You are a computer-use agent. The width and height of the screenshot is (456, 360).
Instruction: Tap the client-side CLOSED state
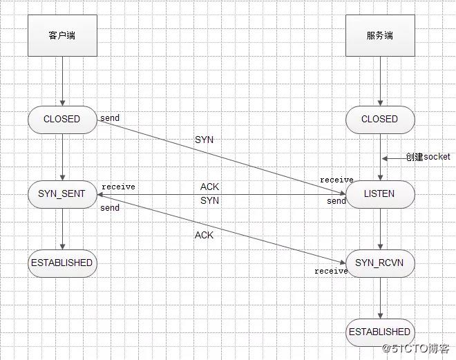[61, 119]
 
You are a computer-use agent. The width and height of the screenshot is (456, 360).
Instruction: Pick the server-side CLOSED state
[380, 119]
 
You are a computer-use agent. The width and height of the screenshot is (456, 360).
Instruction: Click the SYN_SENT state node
[61, 194]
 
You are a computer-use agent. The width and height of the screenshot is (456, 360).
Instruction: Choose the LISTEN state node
[380, 194]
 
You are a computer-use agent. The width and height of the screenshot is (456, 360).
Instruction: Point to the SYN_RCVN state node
[380, 263]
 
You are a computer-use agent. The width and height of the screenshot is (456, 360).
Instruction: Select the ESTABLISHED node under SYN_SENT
[61, 263]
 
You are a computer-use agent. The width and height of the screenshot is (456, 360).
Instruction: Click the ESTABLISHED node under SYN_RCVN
[380, 332]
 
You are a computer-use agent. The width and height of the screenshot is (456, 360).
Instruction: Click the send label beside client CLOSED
[110, 118]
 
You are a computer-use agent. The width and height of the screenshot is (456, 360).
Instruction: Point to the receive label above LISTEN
[336, 180]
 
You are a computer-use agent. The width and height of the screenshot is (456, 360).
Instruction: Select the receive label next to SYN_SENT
[118, 187]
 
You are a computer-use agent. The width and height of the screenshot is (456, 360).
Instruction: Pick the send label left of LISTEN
[336, 201]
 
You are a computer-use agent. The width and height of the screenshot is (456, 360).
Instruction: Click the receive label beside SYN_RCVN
[331, 271]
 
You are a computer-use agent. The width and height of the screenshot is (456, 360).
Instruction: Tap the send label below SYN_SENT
[110, 208]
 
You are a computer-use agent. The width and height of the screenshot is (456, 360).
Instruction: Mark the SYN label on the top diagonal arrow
[204, 140]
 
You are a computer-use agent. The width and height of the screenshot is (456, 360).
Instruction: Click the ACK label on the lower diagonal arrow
[204, 236]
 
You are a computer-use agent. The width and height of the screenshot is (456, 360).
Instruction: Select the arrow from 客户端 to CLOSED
[62, 82]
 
